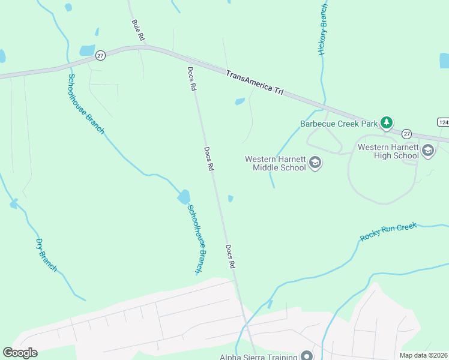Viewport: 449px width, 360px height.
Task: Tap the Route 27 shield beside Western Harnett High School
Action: (x=407, y=134)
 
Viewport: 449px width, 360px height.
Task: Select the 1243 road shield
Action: (x=443, y=122)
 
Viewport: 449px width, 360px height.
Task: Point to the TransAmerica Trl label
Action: (x=255, y=83)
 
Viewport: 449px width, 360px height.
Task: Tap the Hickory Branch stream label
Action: (x=323, y=29)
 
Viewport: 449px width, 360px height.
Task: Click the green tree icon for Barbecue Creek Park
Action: (x=387, y=124)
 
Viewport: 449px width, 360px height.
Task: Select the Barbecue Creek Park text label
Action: (x=339, y=124)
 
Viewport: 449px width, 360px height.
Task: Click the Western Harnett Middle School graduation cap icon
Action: (x=315, y=163)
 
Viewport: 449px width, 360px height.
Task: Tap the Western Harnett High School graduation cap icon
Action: (x=428, y=151)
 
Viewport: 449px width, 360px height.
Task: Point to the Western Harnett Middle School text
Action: (x=275, y=163)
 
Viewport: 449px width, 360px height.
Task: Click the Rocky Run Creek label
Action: (x=388, y=232)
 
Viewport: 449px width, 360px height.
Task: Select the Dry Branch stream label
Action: (x=46, y=255)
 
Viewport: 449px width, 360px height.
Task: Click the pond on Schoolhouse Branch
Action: (x=184, y=197)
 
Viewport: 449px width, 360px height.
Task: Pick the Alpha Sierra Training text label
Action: (x=258, y=357)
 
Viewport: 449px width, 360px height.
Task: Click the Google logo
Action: (x=20, y=353)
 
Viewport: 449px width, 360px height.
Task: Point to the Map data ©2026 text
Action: (x=424, y=355)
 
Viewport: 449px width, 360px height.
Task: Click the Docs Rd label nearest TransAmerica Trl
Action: (x=191, y=79)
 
